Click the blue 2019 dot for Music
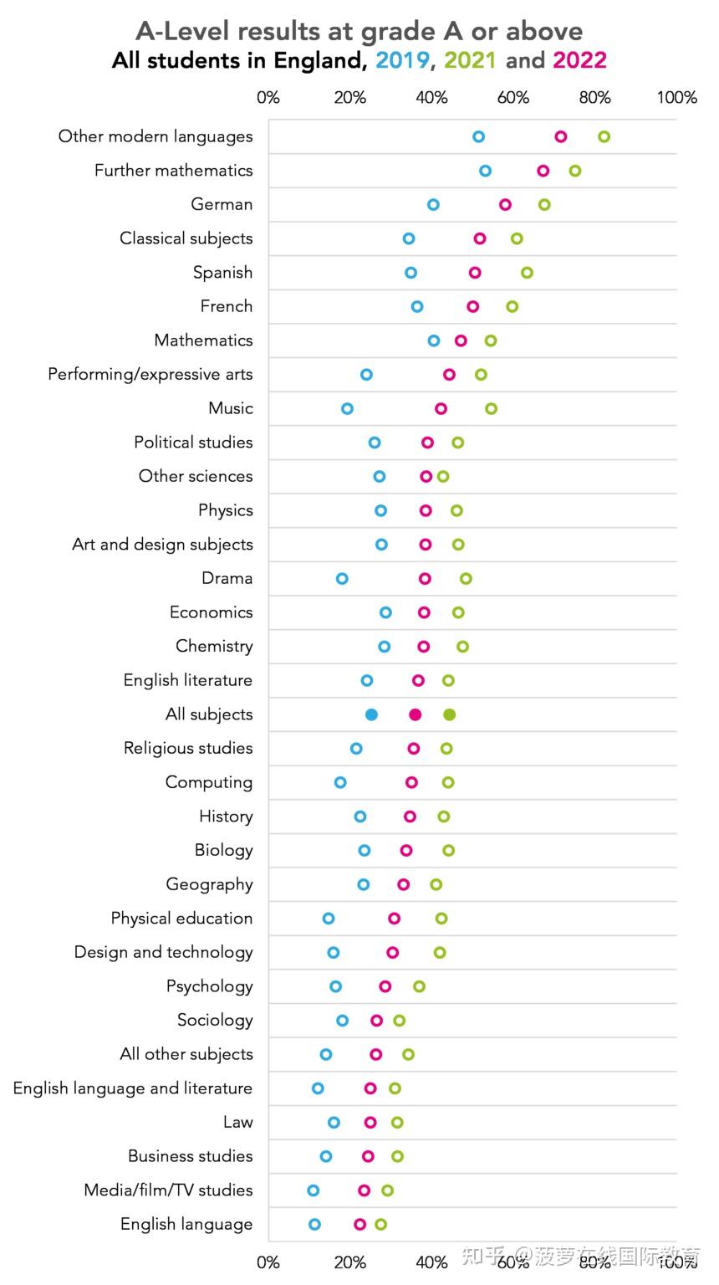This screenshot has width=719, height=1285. click(347, 408)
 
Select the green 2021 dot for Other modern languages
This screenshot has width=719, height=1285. click(604, 136)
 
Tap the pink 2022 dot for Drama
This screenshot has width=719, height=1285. click(425, 578)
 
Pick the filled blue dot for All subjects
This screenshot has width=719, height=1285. click(371, 714)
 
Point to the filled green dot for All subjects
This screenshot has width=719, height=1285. click(449, 714)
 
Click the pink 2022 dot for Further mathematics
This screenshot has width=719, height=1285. click(543, 171)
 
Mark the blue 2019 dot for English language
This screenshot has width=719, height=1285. click(314, 1224)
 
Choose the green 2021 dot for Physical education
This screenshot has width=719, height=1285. click(441, 918)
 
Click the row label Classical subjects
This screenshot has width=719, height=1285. click(186, 238)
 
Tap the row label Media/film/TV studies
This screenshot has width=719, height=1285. click(168, 1190)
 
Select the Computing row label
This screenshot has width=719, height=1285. click(209, 782)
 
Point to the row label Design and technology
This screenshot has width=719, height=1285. click(163, 952)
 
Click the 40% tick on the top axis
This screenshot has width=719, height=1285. click(431, 97)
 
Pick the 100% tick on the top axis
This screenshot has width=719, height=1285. click(676, 97)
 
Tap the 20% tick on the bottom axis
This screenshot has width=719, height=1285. click(349, 1262)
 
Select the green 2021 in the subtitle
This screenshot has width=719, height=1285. click(470, 60)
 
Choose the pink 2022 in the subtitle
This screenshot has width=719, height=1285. click(579, 60)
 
